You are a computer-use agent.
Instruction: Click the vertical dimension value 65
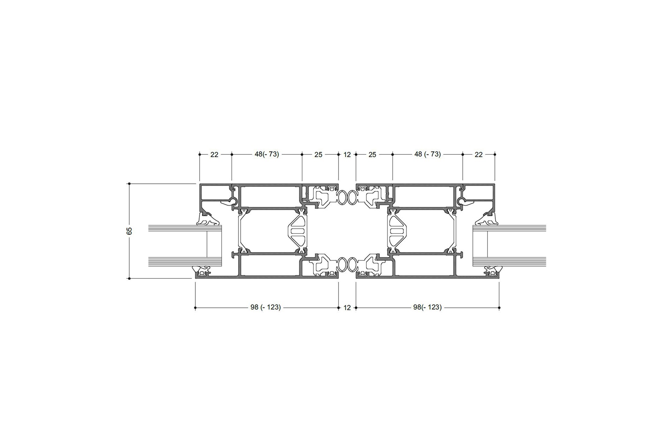(130, 231)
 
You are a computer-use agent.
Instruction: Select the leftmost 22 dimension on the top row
(214, 154)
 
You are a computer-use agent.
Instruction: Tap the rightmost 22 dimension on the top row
(479, 154)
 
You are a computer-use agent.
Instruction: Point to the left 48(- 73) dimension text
(267, 154)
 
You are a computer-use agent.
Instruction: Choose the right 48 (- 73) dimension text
(428, 154)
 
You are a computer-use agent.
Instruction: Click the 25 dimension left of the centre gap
(318, 154)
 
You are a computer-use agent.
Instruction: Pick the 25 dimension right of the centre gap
(372, 154)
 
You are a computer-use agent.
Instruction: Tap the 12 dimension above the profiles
(347, 154)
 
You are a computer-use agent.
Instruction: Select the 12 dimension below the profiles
(347, 308)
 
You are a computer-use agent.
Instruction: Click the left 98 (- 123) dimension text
(266, 307)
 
